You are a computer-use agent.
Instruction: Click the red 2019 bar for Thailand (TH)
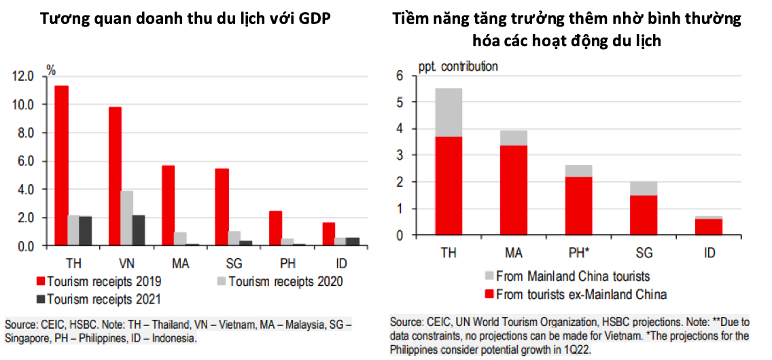(x=61, y=166)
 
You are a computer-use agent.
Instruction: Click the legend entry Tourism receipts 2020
(x=286, y=281)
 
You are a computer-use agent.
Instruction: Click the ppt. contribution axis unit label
(x=457, y=67)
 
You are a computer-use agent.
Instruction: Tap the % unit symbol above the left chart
(x=51, y=69)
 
